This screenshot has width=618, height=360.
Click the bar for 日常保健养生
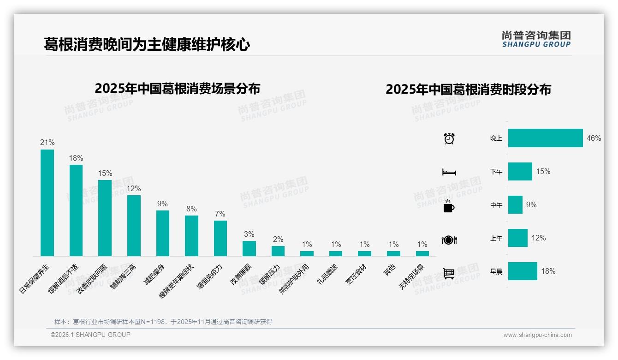click(x=47, y=203)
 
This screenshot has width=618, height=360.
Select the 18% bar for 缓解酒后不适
click(x=76, y=210)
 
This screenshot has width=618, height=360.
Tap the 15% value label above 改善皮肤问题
click(x=105, y=173)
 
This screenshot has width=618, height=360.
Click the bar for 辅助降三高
click(x=134, y=226)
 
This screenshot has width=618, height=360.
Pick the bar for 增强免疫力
click(x=220, y=238)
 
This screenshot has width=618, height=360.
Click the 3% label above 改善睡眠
click(x=249, y=234)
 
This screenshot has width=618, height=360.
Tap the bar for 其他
click(x=393, y=253)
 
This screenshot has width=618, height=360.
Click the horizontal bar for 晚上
click(x=545, y=138)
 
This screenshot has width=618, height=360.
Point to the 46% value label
click(x=594, y=138)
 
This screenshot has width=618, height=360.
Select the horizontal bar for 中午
click(x=515, y=204)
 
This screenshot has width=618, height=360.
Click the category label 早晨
click(x=496, y=271)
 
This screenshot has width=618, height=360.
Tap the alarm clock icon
click(x=449, y=138)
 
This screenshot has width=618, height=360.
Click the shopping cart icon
click(x=449, y=273)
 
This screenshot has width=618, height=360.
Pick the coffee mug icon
click(x=449, y=206)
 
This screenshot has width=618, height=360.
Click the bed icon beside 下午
click(x=449, y=172)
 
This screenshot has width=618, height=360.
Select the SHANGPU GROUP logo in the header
click(x=536, y=39)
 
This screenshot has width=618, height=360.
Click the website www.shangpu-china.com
click(x=537, y=335)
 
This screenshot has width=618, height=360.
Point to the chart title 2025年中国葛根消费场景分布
click(x=178, y=89)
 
